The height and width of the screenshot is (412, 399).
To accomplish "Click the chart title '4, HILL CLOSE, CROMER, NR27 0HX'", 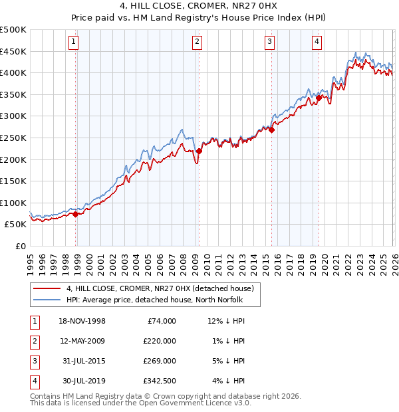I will pyautogui.click(x=199, y=7).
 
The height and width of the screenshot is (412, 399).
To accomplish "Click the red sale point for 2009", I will pyautogui.click(x=199, y=152).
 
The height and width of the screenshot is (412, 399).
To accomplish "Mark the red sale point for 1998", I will pyautogui.click(x=75, y=214).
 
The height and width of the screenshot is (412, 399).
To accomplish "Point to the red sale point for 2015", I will pyautogui.click(x=271, y=130).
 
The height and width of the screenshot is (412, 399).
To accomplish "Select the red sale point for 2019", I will pyautogui.click(x=319, y=98).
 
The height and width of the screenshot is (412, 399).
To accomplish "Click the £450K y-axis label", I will pyautogui.click(x=13, y=51).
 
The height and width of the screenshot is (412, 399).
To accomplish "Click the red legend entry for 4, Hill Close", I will pyautogui.click(x=160, y=289).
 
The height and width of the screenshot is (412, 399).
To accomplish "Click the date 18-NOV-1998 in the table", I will pyautogui.click(x=82, y=321).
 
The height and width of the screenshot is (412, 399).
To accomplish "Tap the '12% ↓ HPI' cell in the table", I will pyautogui.click(x=227, y=321).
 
